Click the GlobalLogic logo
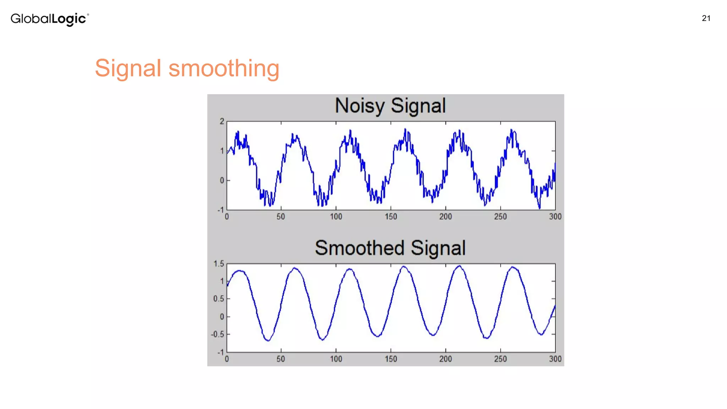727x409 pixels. click(49, 19)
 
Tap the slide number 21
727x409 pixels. click(706, 18)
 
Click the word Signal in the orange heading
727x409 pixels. click(128, 68)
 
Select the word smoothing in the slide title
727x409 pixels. click(224, 68)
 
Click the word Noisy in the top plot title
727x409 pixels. click(360, 106)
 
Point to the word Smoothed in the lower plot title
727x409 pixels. click(360, 248)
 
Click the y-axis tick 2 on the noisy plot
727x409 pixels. click(222, 121)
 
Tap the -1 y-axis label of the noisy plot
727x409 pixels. click(221, 210)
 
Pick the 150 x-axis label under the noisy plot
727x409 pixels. click(391, 217)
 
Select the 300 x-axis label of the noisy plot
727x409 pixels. click(555, 217)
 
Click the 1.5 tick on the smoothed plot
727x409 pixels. click(219, 264)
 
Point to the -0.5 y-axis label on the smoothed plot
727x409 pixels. click(218, 334)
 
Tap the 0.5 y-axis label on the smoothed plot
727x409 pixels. click(219, 299)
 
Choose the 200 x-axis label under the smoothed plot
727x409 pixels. click(446, 359)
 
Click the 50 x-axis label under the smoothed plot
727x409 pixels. click(281, 359)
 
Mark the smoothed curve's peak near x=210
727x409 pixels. click(459, 266)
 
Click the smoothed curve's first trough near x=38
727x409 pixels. click(268, 340)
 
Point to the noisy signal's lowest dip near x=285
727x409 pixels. click(539, 208)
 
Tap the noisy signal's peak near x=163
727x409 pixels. click(405, 130)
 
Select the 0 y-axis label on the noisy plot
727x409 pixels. click(222, 180)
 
